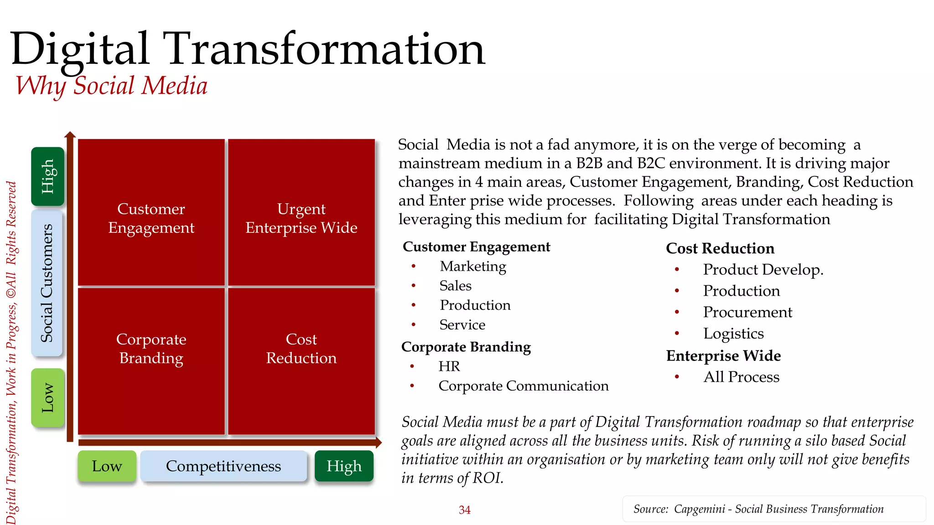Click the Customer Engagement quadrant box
click(151, 212)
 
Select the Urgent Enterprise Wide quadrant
click(301, 212)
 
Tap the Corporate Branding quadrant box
click(151, 361)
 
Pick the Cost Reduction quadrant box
click(301, 361)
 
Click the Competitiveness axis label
click(223, 466)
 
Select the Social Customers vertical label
click(47, 283)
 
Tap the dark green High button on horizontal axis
click(344, 466)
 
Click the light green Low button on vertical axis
click(47, 398)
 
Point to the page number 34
click(464, 510)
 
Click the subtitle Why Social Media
click(112, 86)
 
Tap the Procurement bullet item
click(747, 312)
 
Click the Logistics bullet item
click(733, 334)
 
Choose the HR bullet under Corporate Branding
click(449, 366)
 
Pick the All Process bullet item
click(741, 377)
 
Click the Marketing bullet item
click(472, 266)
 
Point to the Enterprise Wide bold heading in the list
click(723, 355)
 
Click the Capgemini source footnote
click(758, 509)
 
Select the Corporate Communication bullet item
click(523, 386)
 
